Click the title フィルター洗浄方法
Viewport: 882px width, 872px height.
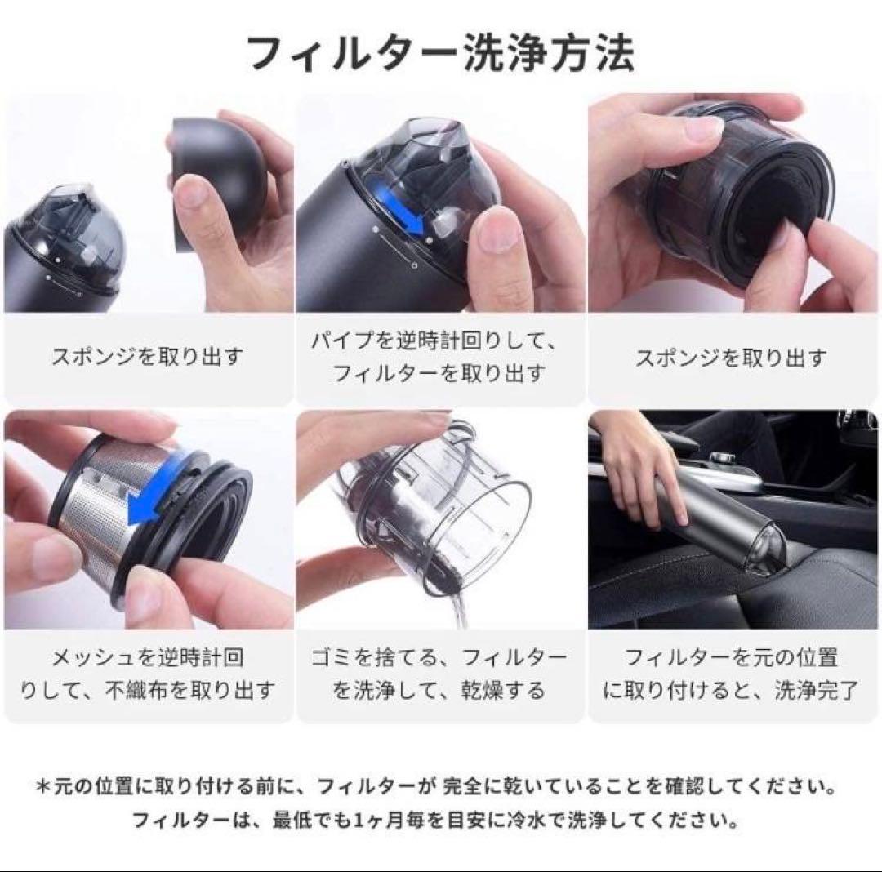pos(440,55)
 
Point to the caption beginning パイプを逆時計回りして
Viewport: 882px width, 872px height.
pos(439,357)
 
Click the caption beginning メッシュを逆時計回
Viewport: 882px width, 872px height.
pos(148,673)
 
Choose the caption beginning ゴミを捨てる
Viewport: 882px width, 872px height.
pos(439,673)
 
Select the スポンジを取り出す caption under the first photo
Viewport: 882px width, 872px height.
pos(148,357)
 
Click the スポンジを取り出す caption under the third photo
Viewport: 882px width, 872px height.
pos(732,357)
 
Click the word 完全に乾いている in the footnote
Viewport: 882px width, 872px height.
pos(514,788)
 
